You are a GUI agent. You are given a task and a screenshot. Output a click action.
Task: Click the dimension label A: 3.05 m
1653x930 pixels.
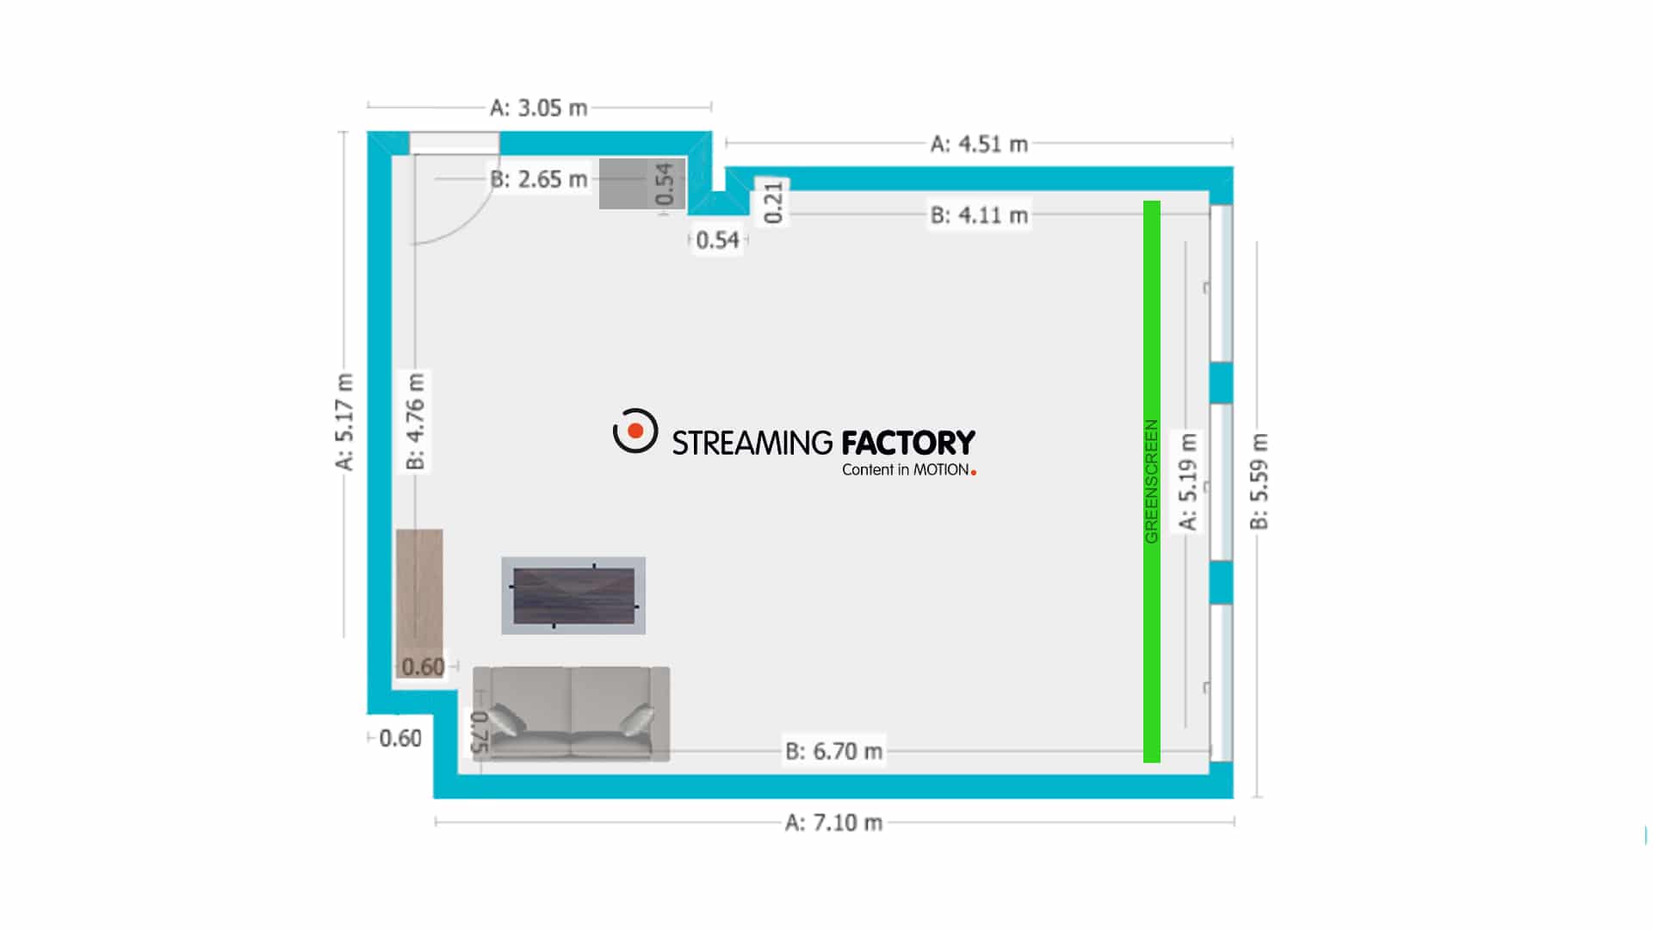(539, 108)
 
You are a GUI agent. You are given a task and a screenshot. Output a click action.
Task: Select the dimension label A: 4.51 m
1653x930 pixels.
(979, 144)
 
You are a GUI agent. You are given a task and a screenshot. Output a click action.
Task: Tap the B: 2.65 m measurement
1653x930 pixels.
(539, 179)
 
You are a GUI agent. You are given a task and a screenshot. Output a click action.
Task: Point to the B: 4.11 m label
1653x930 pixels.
(979, 215)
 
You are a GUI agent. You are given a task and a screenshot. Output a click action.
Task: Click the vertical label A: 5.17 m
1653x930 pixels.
(344, 422)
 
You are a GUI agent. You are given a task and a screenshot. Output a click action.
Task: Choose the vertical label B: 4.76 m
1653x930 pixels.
(416, 422)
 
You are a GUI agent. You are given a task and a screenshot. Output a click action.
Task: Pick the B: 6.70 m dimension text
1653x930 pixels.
(833, 752)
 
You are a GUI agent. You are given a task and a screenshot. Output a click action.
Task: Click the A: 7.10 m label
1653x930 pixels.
(833, 823)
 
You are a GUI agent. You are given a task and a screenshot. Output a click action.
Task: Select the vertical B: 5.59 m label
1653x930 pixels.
(1260, 482)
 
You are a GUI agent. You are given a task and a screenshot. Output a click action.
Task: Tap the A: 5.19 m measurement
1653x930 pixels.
(1188, 482)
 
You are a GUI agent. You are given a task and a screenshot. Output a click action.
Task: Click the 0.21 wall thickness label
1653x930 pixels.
(773, 202)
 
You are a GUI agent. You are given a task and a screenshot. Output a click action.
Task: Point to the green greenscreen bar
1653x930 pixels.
(1152, 481)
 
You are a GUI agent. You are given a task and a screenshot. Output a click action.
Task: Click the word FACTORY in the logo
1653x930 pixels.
(908, 443)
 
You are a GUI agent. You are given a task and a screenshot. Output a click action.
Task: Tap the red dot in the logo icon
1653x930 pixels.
(635, 430)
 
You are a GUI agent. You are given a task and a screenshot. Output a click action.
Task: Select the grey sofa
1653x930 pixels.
(572, 714)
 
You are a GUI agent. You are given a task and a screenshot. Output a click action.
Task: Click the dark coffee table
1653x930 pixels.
(574, 596)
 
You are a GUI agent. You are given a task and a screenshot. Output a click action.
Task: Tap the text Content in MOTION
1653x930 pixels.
(906, 470)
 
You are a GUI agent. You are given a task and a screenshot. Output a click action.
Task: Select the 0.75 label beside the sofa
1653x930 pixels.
(480, 732)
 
